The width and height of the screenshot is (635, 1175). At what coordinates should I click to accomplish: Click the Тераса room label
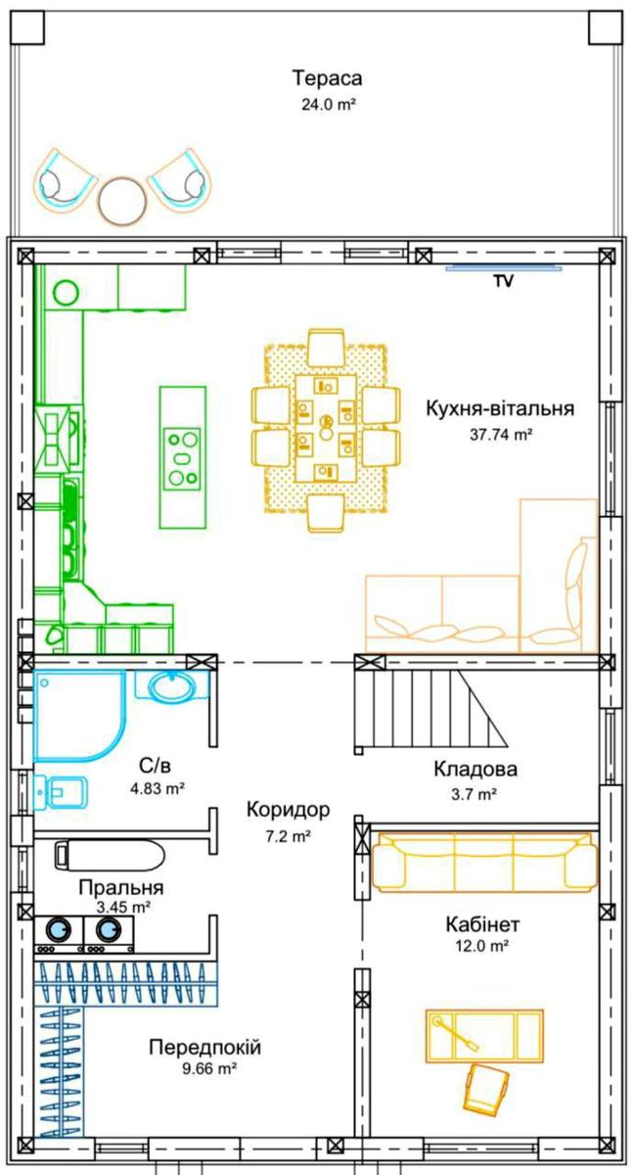pyautogui.click(x=327, y=78)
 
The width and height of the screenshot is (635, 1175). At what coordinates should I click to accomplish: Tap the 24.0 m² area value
pyautogui.click(x=329, y=105)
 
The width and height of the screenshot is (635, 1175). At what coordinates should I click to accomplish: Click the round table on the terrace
pyautogui.click(x=123, y=201)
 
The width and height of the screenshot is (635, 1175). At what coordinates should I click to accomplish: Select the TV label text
pyautogui.click(x=503, y=281)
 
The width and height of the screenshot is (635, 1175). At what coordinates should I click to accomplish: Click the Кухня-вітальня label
pyautogui.click(x=500, y=408)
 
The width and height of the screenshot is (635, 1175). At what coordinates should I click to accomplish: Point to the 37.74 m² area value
pyautogui.click(x=502, y=435)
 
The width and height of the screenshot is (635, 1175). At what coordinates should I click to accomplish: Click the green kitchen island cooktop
pyautogui.click(x=183, y=458)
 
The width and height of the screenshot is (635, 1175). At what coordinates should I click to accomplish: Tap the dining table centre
pyautogui.click(x=326, y=428)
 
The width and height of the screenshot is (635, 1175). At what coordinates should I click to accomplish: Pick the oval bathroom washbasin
pyautogui.click(x=171, y=687)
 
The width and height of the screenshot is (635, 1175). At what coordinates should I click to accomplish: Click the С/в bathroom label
pyautogui.click(x=155, y=766)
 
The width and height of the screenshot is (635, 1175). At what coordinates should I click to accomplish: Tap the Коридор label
pyautogui.click(x=289, y=810)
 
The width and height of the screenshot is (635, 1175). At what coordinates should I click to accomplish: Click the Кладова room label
pyautogui.click(x=476, y=769)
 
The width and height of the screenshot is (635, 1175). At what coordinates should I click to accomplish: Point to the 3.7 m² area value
pyautogui.click(x=474, y=794)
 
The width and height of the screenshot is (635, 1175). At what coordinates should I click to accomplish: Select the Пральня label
pyautogui.click(x=121, y=888)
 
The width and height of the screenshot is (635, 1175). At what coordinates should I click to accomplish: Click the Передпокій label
pyautogui.click(x=205, y=1048)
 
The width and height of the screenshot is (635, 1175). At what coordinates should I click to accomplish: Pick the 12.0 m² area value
pyautogui.click(x=482, y=946)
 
